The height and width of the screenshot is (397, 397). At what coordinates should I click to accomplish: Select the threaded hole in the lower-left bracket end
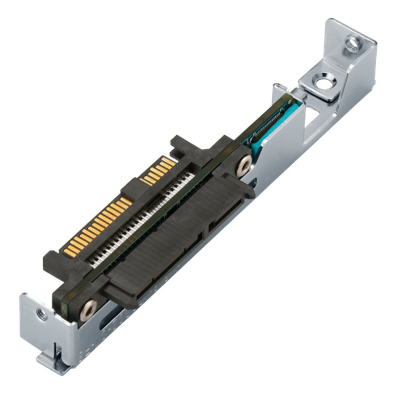[41, 315]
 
